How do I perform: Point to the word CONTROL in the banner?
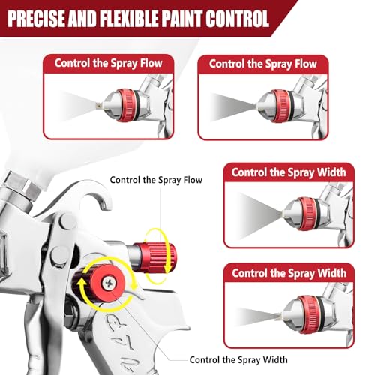[237, 19]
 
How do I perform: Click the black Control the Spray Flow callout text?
[156, 180]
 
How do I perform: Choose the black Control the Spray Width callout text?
[238, 360]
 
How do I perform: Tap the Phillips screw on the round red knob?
[109, 283]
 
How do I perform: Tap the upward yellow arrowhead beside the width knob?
[81, 283]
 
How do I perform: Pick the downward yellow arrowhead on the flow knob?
[168, 268]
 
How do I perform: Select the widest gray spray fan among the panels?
[260, 215]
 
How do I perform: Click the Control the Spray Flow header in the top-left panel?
[109, 63]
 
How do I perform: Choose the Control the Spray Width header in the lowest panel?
[289, 273]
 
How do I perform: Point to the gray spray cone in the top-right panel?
[233, 107]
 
